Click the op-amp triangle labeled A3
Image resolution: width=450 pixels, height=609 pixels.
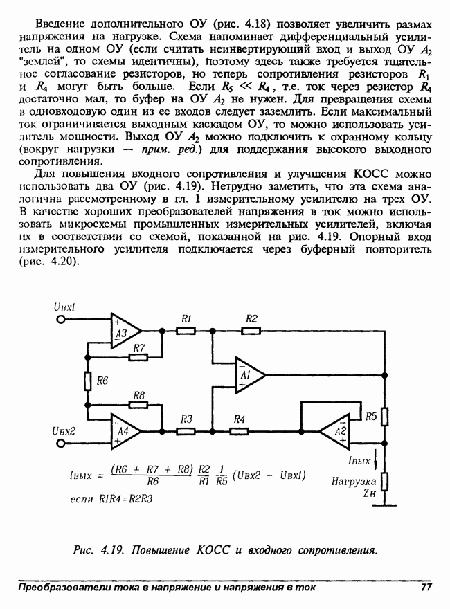(x=124, y=331)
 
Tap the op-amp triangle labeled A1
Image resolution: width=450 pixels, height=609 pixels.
(x=248, y=374)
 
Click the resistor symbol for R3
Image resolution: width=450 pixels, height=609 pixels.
(x=186, y=430)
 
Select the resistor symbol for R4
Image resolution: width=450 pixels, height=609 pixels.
(x=239, y=430)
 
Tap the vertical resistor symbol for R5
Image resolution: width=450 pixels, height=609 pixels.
(x=385, y=417)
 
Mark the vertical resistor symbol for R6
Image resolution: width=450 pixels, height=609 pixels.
(x=89, y=381)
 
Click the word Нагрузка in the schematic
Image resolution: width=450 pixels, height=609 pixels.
(x=354, y=480)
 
